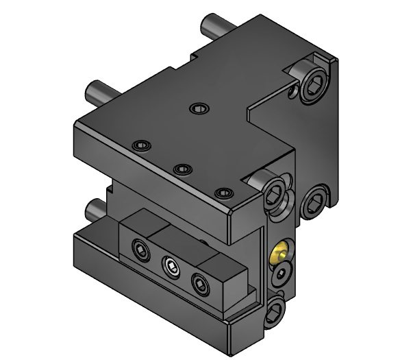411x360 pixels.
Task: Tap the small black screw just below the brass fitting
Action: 282,276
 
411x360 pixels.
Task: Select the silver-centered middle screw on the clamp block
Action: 171,265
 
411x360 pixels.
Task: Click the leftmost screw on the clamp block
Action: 140,251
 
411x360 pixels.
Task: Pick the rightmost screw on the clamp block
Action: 200,281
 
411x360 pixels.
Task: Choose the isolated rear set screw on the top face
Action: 199,108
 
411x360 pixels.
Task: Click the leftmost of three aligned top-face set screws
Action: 142,145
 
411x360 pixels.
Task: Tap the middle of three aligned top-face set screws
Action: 181,169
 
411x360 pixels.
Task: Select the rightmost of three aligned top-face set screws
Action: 221,193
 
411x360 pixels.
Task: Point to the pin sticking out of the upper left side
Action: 97,90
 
